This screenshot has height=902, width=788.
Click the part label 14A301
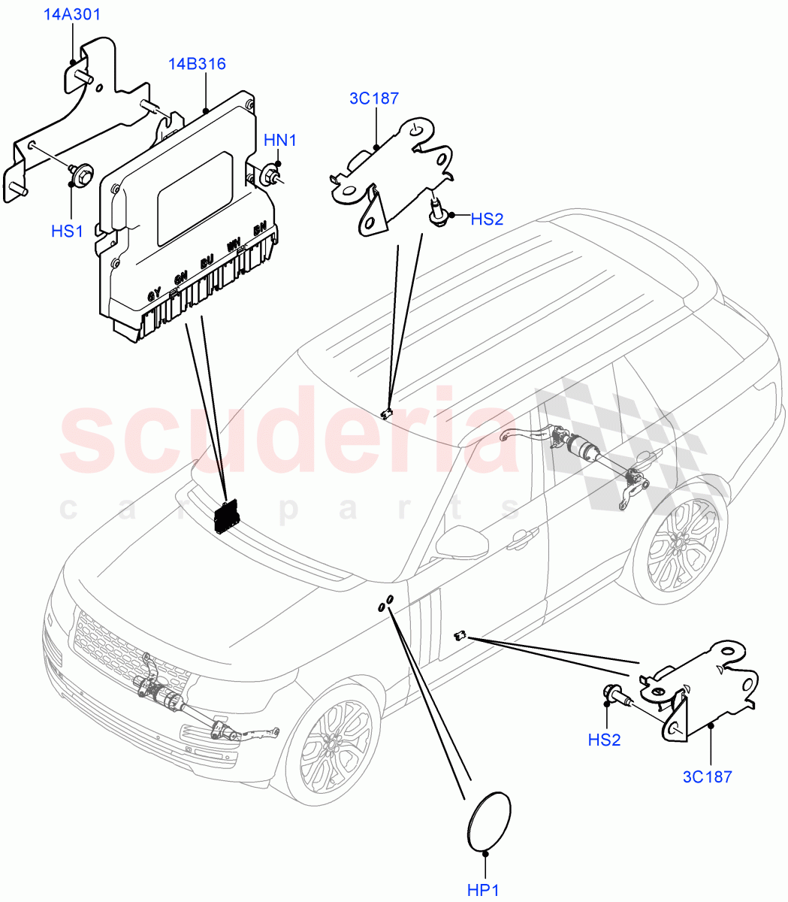point(72,14)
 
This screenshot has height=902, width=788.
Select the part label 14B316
point(197,64)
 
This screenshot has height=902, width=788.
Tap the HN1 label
point(279,141)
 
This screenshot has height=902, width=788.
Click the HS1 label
point(67,232)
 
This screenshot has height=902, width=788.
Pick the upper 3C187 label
point(373,98)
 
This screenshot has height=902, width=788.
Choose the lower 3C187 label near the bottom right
point(706,777)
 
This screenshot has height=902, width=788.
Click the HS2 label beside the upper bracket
point(487,219)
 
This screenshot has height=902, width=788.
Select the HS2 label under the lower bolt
point(604,740)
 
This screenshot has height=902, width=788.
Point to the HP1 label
point(483,890)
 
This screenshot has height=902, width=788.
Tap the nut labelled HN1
point(269,176)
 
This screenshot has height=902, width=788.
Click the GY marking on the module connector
point(153,295)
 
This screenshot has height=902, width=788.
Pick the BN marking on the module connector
point(260,229)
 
